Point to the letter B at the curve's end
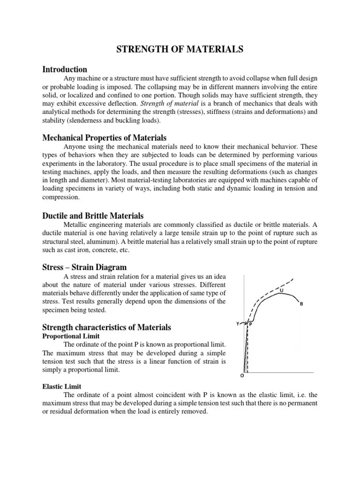tap(301, 304)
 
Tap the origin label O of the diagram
tap(242, 375)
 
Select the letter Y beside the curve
tap(237, 323)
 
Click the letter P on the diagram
tap(250, 324)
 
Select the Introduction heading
tap(65, 69)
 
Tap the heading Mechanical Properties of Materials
tap(104, 138)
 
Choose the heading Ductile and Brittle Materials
tap(93, 216)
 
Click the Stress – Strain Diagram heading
tap(84, 267)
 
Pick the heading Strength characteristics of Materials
tap(106, 327)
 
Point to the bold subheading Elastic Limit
tap(62, 386)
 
